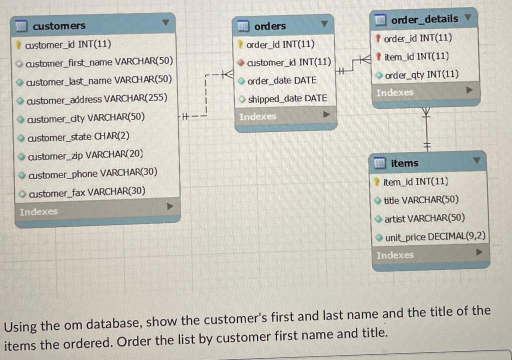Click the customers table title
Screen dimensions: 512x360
[59, 25]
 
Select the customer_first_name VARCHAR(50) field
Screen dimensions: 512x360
[99, 61]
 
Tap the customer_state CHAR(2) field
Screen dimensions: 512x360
[78, 136]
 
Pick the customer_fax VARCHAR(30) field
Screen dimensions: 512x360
[87, 192]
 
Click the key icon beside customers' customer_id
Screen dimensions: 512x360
[19, 44]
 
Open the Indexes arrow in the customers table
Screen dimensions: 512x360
[170, 206]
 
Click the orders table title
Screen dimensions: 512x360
[270, 26]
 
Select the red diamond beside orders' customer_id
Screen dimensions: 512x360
[240, 62]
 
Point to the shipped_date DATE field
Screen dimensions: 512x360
[287, 98]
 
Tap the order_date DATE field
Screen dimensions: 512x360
[282, 80]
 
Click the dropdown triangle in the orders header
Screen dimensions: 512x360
[324, 24]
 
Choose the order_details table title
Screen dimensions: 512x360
[424, 19]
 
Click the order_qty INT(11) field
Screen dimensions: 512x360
[422, 75]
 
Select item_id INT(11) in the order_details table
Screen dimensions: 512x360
[416, 56]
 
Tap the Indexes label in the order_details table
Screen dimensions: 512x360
[395, 93]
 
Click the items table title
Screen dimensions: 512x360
[404, 162]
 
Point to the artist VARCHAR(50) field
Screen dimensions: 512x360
[424, 218]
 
